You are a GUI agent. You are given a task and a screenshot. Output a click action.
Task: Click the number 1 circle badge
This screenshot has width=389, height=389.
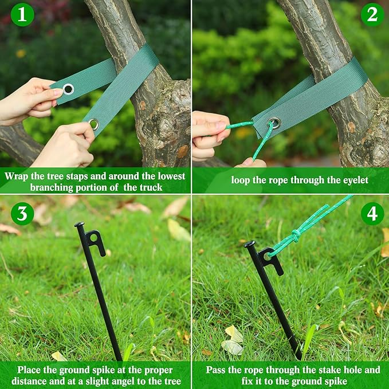[x=22, y=15]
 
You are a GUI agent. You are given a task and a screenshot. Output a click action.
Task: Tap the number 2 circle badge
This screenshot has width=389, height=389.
[x=372, y=15]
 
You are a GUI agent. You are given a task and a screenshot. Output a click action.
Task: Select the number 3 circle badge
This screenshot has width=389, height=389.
[x=22, y=214]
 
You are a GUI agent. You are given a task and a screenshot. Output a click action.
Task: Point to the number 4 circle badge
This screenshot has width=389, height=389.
[x=372, y=214]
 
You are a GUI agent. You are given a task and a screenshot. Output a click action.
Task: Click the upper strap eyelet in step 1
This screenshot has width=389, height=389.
[x=68, y=89]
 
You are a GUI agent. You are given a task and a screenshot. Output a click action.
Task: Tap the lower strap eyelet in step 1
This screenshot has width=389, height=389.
[x=93, y=124]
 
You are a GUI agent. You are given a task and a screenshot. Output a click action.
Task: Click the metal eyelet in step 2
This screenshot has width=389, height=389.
[x=275, y=123]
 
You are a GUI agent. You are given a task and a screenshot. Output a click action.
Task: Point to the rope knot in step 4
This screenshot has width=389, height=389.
[x=296, y=234]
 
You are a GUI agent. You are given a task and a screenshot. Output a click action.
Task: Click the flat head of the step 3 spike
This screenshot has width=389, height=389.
[x=79, y=225]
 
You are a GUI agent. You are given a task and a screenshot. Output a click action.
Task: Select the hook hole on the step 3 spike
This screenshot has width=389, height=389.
[x=94, y=236]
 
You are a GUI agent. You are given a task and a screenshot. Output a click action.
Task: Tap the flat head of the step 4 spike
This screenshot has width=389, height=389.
[x=249, y=243]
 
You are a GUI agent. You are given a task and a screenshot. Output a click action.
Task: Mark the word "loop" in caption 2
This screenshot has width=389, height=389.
[x=242, y=180]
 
